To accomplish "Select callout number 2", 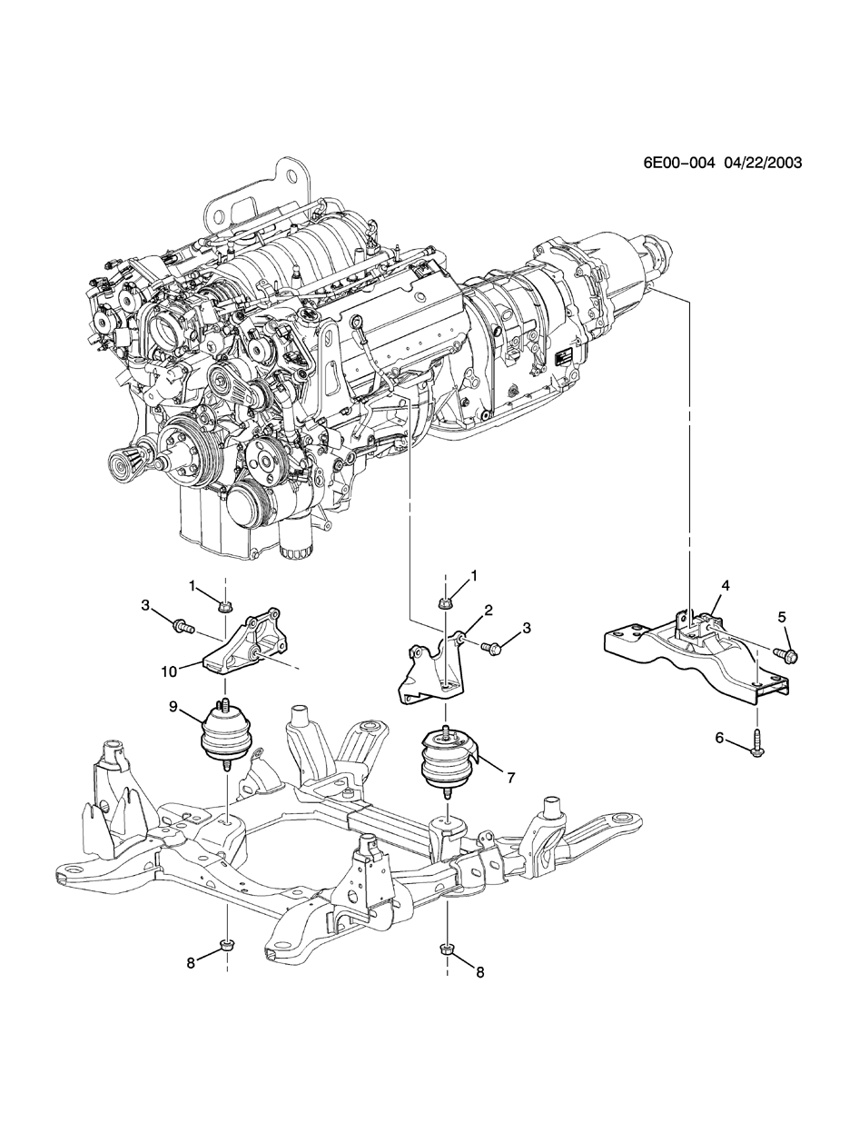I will [x=488, y=610].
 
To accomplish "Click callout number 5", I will [x=783, y=618].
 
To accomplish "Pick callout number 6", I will [x=719, y=739].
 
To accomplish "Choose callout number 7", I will [x=510, y=779].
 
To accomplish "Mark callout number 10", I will [x=169, y=671].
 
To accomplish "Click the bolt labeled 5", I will [x=786, y=653].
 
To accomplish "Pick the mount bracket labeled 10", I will [x=245, y=645].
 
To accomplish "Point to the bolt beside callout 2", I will [x=493, y=649].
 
